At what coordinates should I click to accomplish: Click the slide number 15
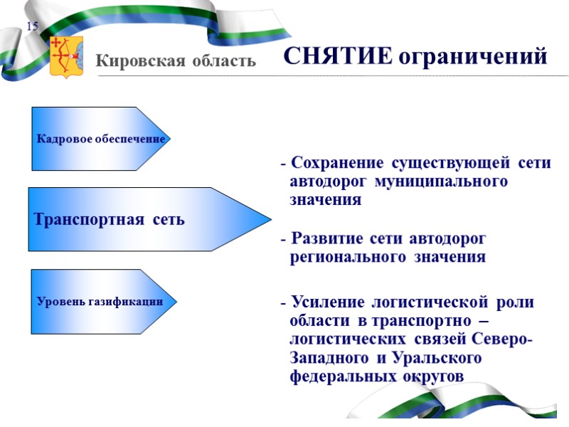pyautogui.click(x=32, y=27)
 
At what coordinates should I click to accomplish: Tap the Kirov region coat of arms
pyautogui.click(x=66, y=57)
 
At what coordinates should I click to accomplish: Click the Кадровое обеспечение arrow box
pyautogui.click(x=100, y=139)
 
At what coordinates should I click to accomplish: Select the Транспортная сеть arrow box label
pyautogui.click(x=110, y=220)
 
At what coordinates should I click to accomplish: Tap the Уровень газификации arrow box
pyautogui.click(x=100, y=302)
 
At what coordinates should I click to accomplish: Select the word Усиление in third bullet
pyautogui.click(x=328, y=302)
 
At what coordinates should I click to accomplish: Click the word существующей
pyautogui.click(x=449, y=163)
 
